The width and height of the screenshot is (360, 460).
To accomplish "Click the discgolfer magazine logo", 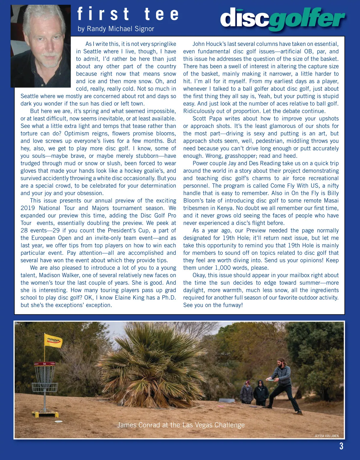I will (x=282, y=19).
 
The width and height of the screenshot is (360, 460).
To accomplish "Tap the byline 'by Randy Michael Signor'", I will (x=116, y=29).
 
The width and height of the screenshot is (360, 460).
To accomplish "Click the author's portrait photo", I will (x=41, y=46).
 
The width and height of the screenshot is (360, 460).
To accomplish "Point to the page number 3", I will (x=341, y=446).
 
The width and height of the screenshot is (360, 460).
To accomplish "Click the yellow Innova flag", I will (x=53, y=341).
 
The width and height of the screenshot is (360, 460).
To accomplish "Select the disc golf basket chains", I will (x=45, y=375).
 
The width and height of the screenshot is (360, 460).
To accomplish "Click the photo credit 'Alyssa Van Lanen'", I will (x=327, y=436).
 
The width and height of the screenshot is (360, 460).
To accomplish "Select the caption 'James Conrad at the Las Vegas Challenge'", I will (x=181, y=425).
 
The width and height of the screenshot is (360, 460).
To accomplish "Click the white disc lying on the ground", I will (x=59, y=422).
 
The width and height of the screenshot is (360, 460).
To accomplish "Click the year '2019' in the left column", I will (x=28, y=208).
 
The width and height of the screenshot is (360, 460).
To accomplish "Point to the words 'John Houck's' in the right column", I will (x=209, y=44).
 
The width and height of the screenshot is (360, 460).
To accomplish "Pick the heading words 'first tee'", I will (x=128, y=14).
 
